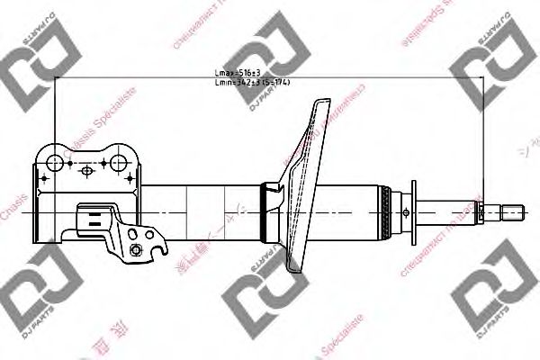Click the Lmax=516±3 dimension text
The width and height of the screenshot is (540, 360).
(x=235, y=72)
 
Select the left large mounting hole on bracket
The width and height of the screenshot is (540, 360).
(x=54, y=163)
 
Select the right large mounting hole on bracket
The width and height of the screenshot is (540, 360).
(x=119, y=163)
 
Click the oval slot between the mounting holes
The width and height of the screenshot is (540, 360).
(x=86, y=169)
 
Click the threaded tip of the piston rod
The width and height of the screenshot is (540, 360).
(x=511, y=213)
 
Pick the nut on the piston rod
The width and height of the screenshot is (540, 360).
(x=481, y=213)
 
